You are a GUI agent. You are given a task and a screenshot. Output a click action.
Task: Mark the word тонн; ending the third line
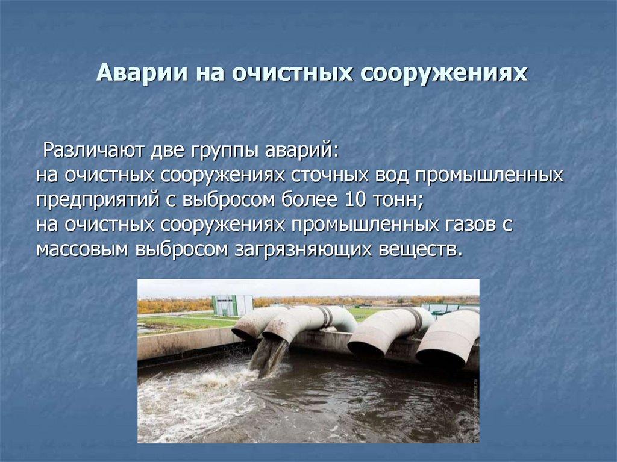400,199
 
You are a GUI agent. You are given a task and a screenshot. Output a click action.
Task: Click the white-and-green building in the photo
232,305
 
